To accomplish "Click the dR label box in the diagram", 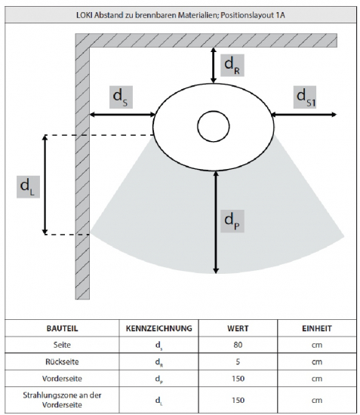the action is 232,66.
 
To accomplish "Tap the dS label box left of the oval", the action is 121,97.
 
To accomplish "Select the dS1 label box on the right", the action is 305,97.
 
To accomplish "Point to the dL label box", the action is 28,187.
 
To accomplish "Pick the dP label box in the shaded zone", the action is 232,221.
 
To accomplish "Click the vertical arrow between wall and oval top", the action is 214,66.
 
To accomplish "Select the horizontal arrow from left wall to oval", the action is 122,115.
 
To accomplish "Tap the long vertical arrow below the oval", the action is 216,223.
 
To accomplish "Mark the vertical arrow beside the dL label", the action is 45,185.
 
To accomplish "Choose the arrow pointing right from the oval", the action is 304,115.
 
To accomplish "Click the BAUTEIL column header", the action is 62,328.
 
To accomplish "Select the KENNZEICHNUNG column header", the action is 158,328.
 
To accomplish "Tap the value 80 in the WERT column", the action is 238,345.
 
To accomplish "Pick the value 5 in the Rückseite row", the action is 238,361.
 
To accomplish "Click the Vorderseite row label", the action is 62,379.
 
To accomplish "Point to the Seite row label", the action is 62,345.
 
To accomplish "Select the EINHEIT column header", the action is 317,328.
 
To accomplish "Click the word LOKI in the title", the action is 85,15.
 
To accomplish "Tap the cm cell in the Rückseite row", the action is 317,362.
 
